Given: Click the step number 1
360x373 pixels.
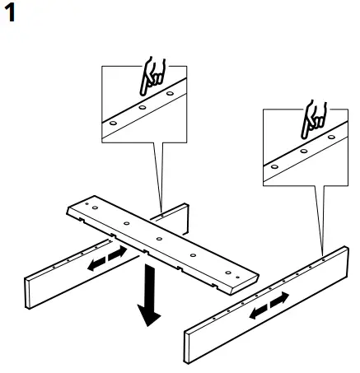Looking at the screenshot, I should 11,14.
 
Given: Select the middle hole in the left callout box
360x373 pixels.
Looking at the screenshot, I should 143,106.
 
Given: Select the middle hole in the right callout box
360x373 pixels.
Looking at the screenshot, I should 304,151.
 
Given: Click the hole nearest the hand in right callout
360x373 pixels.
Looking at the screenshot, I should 331,138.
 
